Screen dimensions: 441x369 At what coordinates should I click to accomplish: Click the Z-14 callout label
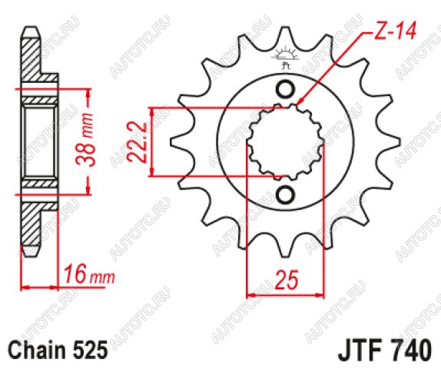(395, 31)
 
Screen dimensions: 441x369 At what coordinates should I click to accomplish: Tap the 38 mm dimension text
(84, 140)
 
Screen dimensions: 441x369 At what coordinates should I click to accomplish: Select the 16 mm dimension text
(89, 274)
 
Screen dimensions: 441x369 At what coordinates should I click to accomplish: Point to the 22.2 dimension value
(137, 142)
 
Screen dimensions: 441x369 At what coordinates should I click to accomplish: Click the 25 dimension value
(287, 280)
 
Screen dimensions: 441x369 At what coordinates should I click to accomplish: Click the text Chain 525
(58, 350)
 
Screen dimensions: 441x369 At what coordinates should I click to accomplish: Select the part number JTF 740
(384, 350)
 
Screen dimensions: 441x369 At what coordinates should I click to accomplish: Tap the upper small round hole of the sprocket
(286, 89)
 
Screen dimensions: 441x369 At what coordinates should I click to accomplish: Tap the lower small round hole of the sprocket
(286, 194)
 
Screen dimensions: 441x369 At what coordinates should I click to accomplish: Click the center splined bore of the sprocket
(286, 142)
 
